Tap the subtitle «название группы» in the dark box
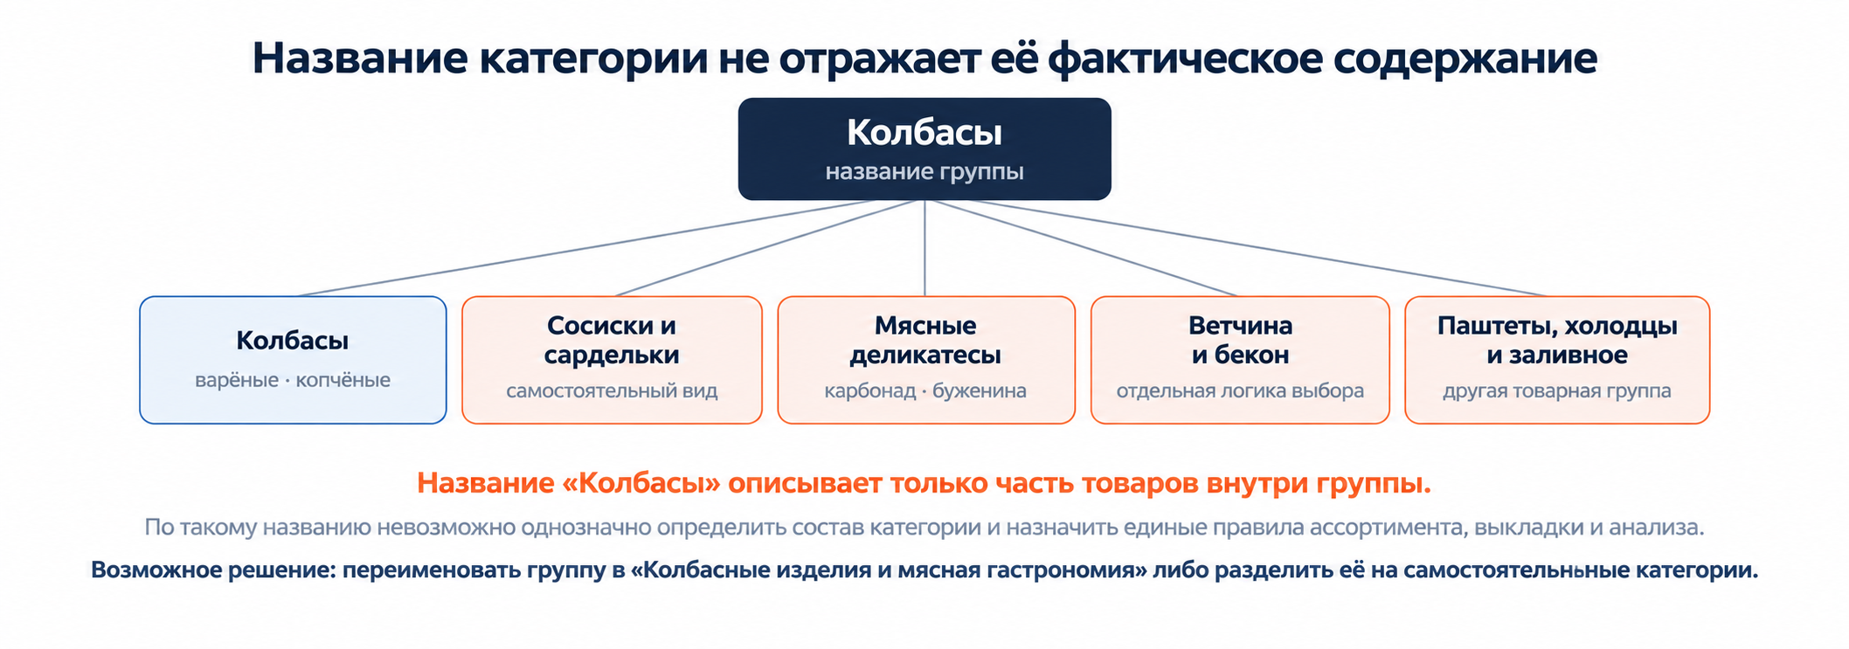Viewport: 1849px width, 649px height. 924,172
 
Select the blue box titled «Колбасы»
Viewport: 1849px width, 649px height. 293,360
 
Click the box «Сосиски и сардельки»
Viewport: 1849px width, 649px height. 612,360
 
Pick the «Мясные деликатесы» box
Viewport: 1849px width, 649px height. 926,360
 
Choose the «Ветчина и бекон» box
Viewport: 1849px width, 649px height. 1240,360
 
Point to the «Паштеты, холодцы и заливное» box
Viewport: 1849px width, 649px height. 1557,360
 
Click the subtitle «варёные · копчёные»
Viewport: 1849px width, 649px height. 293,381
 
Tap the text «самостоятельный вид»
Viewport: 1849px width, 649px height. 612,390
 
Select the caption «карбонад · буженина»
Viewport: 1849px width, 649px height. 925,390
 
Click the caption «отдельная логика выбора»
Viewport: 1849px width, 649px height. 1240,390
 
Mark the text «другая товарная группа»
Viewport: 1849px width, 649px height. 1557,390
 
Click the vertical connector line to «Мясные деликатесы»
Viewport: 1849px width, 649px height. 924,248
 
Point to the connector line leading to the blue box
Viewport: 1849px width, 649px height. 585,248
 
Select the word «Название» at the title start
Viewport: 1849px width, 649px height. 360,59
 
